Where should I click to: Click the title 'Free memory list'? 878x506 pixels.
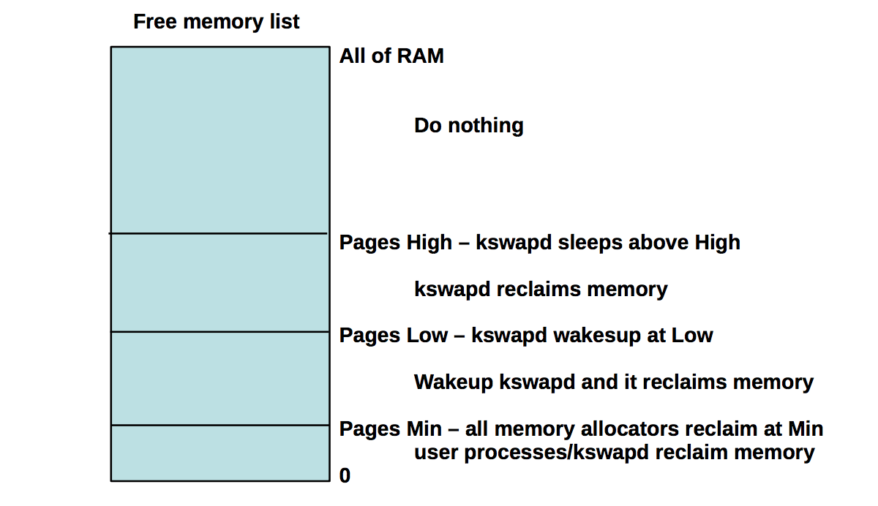(216, 22)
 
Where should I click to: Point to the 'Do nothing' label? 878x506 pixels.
(468, 126)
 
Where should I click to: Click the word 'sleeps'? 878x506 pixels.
(589, 243)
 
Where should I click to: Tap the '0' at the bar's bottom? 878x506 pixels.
(345, 476)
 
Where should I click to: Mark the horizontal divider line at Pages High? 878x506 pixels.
(219, 233)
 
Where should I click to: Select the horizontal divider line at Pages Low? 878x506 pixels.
(219, 332)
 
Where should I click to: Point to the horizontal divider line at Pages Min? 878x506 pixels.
(219, 425)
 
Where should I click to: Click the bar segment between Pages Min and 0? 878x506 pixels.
(219, 453)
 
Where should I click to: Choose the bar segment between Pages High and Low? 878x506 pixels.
(219, 283)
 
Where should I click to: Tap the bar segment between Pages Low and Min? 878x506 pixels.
(219, 379)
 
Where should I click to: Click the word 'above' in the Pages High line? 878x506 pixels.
(652, 243)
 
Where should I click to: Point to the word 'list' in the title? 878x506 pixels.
(286, 22)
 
